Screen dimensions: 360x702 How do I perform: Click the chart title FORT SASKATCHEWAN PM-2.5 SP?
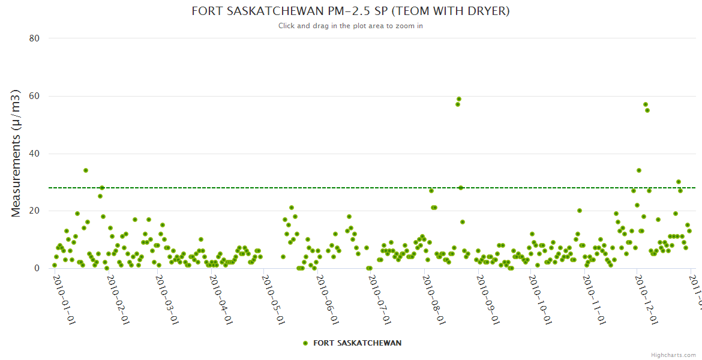click(350, 11)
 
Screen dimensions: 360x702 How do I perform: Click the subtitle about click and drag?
click(350, 26)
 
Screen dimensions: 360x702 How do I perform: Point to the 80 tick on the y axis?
click(34, 38)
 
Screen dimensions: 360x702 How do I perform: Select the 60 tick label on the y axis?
click(34, 96)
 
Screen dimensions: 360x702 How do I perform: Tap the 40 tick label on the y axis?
click(34, 154)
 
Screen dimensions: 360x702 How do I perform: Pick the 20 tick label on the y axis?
click(34, 211)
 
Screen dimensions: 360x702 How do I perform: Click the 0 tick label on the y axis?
click(37, 268)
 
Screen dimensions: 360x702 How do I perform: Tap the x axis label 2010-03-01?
click(166, 292)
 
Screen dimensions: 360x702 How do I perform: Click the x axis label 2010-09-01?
click(487, 292)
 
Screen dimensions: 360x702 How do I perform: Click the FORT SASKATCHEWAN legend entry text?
click(357, 343)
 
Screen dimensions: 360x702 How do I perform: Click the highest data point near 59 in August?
click(459, 99)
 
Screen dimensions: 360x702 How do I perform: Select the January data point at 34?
click(86, 170)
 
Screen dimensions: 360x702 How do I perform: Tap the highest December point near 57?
click(646, 104)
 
